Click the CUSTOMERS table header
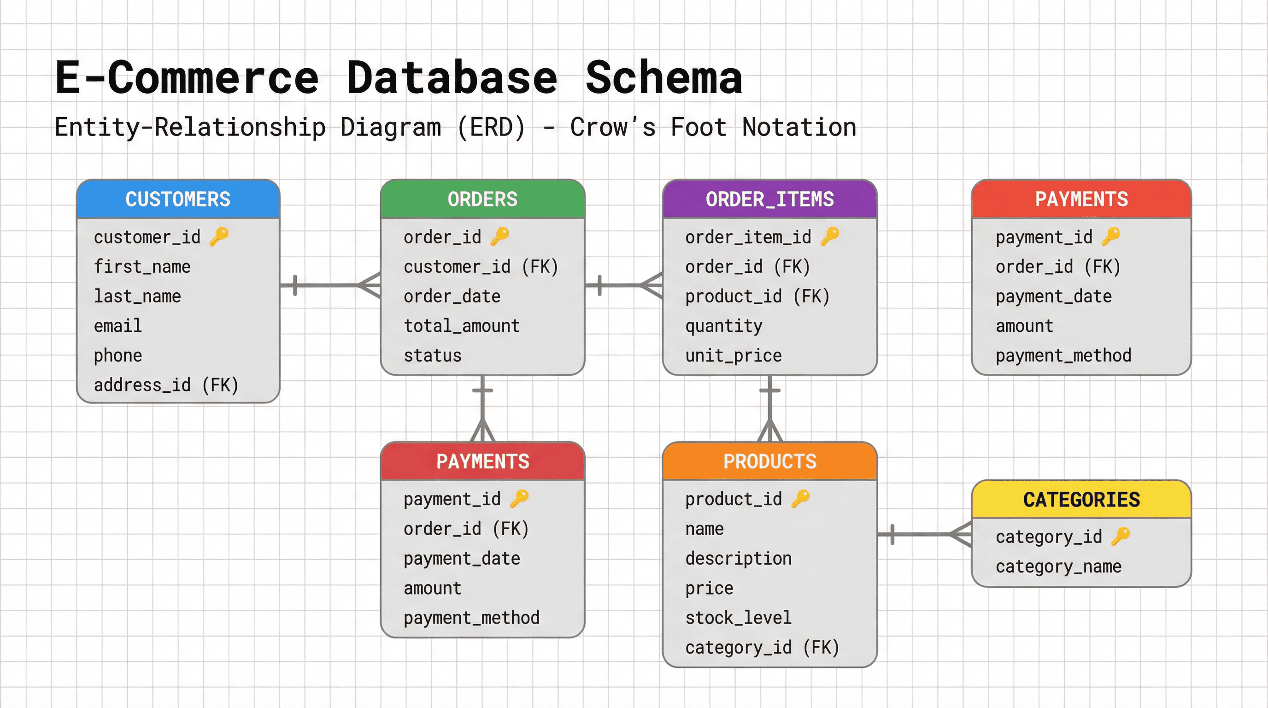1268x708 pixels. click(x=178, y=200)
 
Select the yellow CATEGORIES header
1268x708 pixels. click(x=1081, y=500)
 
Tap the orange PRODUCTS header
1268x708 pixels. click(x=769, y=461)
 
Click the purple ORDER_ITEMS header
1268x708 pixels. click(x=769, y=200)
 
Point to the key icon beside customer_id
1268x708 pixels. click(x=219, y=236)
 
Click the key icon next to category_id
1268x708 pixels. click(x=1121, y=536)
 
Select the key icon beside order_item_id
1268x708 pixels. click(x=830, y=236)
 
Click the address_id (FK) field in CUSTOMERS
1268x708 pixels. click(x=166, y=385)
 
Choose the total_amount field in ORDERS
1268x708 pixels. click(x=461, y=326)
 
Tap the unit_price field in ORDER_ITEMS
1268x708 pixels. click(x=734, y=355)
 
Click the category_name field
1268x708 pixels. click(x=1058, y=566)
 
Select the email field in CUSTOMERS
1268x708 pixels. click(x=117, y=326)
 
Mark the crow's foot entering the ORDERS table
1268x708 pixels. click(x=370, y=285)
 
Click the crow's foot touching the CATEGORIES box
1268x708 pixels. click(x=961, y=534)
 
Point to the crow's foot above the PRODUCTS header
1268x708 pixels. click(x=770, y=431)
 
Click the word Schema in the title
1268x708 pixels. click(x=663, y=78)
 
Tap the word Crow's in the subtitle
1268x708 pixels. click(x=613, y=128)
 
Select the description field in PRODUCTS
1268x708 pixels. click(x=738, y=559)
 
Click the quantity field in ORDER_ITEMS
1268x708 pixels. click(x=723, y=326)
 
